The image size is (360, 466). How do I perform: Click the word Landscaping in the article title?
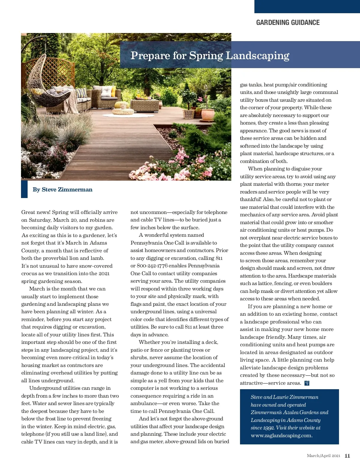[257, 56]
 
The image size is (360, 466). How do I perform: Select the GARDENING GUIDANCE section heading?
[288, 23]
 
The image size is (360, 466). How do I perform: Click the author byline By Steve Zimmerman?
[62, 189]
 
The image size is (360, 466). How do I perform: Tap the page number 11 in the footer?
[347, 455]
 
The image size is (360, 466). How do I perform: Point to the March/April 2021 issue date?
[323, 455]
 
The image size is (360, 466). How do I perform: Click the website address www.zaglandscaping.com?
[281, 435]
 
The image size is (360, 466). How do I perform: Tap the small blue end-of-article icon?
[307, 383]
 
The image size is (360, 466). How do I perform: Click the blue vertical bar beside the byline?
[24, 189]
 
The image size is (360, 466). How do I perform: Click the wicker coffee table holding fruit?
[145, 104]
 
